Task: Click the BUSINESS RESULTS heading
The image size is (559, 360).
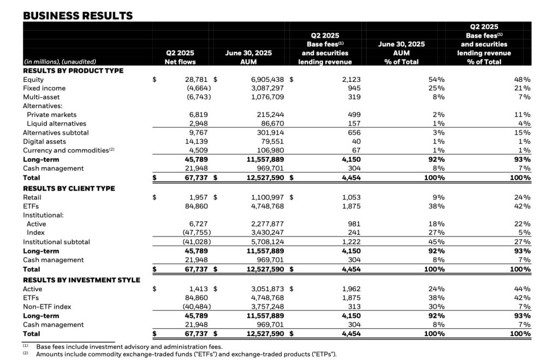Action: (78, 15)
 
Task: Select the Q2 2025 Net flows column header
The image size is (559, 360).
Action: (180, 57)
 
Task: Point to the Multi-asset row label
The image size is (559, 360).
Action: (42, 97)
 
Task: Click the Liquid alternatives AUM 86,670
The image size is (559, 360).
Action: (269, 123)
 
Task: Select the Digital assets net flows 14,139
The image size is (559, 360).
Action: (199, 141)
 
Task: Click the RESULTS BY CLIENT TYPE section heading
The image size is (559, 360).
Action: (69, 188)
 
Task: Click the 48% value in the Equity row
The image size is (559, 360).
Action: (522, 79)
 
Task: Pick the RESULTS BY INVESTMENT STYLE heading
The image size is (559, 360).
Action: (81, 280)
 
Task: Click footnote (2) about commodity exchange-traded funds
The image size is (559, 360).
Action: (186, 354)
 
